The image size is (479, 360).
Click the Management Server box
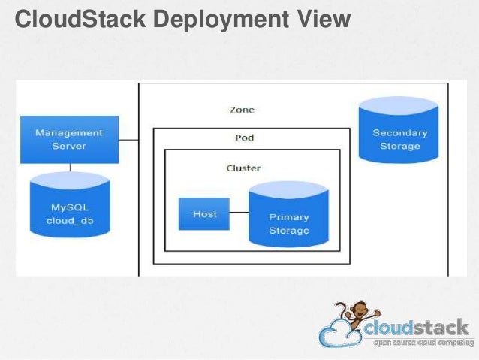pos(69,139)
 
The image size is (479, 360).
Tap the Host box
pos(204,214)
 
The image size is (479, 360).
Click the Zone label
pos(242,110)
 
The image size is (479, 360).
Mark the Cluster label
pos(243,168)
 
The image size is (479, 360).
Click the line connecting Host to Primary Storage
pos(239,213)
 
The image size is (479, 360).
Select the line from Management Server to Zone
pos(129,140)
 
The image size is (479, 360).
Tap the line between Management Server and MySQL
pos(71,168)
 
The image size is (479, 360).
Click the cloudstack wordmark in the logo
pos(417,329)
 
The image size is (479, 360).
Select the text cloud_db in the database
pos(70,222)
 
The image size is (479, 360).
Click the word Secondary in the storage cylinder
pos(399,133)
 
